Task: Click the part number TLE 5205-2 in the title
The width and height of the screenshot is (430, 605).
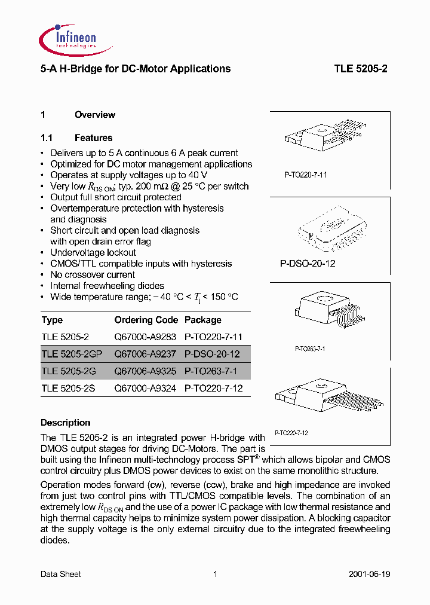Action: [x=360, y=69]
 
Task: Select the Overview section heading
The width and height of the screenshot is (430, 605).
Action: [x=94, y=115]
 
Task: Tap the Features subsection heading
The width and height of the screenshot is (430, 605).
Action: [x=93, y=137]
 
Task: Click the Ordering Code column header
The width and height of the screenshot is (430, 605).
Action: [x=146, y=320]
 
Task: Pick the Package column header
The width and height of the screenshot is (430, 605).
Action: [x=202, y=320]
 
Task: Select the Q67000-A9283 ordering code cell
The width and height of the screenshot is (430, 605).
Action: [x=145, y=337]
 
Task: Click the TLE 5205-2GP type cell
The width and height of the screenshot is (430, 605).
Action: [x=72, y=354]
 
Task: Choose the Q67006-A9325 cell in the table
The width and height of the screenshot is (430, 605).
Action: [x=145, y=371]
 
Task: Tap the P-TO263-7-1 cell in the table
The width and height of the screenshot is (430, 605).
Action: [x=211, y=371]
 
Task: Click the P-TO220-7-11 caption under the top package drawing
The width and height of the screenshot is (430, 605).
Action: [x=305, y=175]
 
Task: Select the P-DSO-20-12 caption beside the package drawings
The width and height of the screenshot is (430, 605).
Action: [x=307, y=263]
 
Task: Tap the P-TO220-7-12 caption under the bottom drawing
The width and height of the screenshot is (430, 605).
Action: [x=291, y=432]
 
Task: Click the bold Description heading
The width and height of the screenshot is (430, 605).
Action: [x=65, y=423]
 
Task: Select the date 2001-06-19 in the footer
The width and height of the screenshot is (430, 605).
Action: [x=369, y=574]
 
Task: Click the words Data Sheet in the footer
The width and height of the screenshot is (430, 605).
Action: [x=60, y=574]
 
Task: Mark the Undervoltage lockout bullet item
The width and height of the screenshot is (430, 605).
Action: [x=93, y=252]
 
